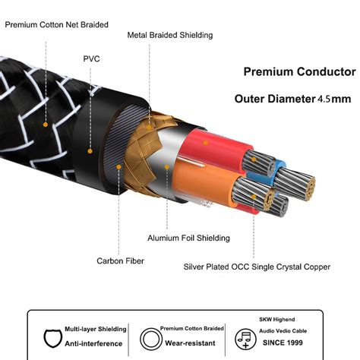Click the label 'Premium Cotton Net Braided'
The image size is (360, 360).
(x=57, y=25)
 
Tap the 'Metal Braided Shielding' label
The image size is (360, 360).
(x=170, y=35)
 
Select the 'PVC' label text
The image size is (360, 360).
(x=91, y=59)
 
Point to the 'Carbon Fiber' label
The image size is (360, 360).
(x=120, y=261)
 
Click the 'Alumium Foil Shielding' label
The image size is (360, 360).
(x=188, y=238)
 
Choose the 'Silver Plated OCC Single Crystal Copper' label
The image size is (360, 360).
(x=257, y=267)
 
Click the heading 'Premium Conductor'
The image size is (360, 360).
(x=299, y=71)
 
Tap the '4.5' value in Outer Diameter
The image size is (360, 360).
(x=324, y=99)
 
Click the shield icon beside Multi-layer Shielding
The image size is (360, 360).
(x=52, y=338)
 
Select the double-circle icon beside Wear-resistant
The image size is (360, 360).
(x=151, y=339)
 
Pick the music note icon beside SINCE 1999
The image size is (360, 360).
(x=245, y=339)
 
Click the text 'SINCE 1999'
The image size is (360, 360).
(x=283, y=343)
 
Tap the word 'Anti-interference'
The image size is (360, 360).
(x=93, y=343)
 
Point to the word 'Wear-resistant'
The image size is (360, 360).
(x=190, y=343)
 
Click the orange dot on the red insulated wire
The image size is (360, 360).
(x=206, y=143)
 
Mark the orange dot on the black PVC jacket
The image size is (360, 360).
(x=90, y=151)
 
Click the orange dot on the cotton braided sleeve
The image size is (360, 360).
(x=46, y=125)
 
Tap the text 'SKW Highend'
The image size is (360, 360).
(x=277, y=320)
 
